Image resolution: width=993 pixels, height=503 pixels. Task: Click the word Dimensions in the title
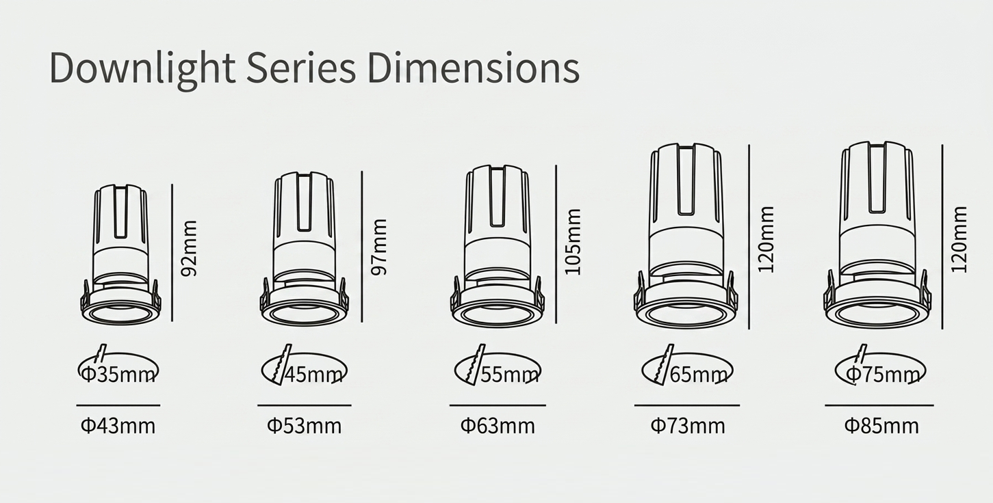point(474,68)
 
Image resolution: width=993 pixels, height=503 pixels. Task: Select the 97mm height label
point(379,247)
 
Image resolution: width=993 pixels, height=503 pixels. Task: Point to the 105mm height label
point(573,242)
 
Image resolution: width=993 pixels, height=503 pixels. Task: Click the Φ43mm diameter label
point(118,426)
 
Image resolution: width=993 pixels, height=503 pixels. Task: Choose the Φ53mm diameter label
point(305,426)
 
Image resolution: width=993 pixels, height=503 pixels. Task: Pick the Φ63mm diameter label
point(498,426)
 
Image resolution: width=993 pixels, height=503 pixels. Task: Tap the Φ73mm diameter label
point(688,426)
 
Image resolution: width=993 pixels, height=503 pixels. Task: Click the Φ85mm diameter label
point(881,426)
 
